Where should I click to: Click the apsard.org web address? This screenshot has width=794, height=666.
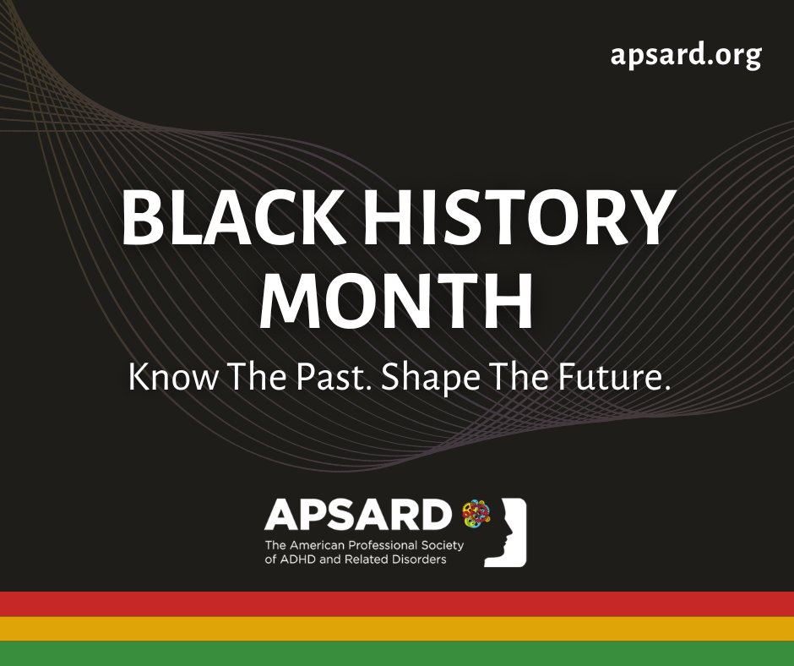click(686, 55)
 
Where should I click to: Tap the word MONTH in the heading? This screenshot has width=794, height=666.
click(396, 302)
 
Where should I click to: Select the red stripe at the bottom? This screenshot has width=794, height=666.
click(397, 604)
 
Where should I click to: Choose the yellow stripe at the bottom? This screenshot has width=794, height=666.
click(397, 629)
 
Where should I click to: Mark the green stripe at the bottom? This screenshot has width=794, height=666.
click(397, 653)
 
